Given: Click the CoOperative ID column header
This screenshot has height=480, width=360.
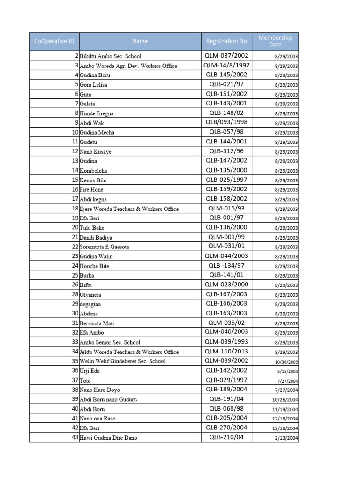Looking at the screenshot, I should click(54, 41).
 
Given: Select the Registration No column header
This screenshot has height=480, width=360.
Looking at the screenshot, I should click(226, 41).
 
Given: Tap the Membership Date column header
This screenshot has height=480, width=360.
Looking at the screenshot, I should click(275, 41).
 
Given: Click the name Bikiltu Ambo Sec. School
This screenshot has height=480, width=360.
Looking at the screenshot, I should click(110, 56).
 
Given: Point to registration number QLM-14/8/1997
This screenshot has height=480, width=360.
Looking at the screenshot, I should click(226, 65).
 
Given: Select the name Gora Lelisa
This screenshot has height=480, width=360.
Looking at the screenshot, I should click(94, 85).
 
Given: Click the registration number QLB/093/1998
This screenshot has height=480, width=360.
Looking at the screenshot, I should click(226, 122).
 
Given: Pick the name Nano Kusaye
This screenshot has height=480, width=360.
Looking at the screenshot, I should click(96, 152).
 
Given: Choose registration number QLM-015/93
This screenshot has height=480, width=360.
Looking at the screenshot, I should click(226, 209).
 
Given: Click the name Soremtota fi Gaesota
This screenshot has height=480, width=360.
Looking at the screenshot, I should click(105, 247).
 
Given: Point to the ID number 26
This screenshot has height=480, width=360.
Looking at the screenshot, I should click(75, 285).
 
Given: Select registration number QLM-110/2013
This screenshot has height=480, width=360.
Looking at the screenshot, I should click(226, 352).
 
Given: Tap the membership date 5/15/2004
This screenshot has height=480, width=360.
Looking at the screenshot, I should click(287, 371).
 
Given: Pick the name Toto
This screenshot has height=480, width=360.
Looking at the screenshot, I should click(85, 381).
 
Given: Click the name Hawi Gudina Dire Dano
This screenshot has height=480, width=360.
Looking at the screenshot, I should click(108, 438).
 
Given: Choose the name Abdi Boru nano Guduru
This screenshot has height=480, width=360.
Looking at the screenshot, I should click(108, 399).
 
